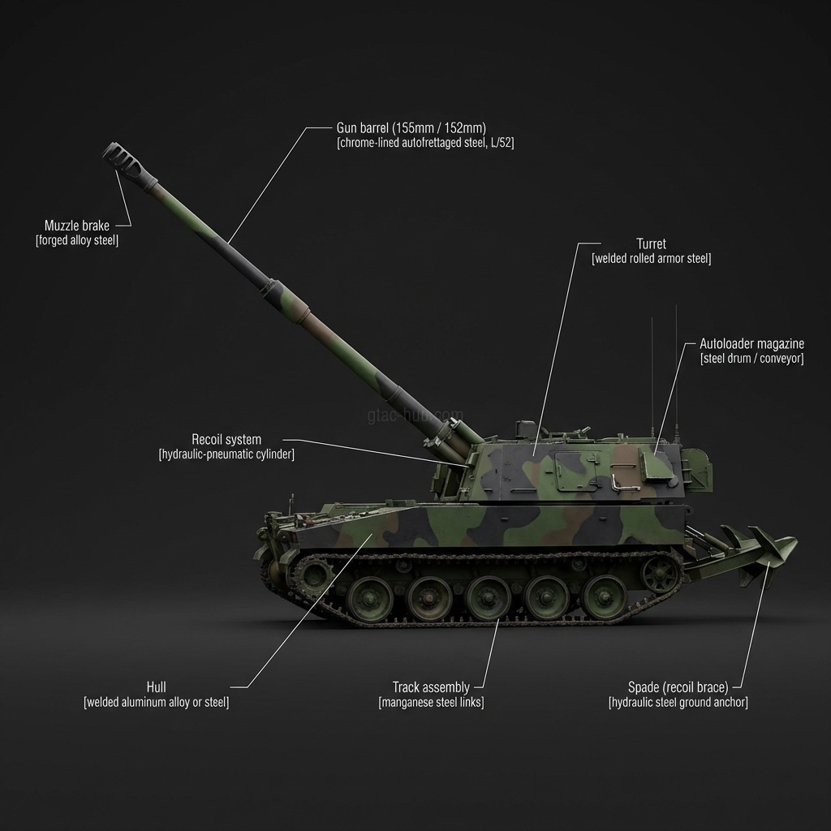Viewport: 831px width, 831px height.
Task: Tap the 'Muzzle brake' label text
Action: click(x=77, y=226)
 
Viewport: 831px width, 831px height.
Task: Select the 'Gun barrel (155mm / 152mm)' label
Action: click(x=411, y=127)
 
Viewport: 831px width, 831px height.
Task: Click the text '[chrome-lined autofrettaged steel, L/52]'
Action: click(x=425, y=143)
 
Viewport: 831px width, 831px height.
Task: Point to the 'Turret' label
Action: click(x=651, y=243)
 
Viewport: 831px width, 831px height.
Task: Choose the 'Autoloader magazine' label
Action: click(x=751, y=343)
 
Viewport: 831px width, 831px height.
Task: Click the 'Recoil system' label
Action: click(x=226, y=439)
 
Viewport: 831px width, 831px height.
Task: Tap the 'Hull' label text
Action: click(x=157, y=687)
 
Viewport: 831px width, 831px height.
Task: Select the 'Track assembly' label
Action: click(x=431, y=687)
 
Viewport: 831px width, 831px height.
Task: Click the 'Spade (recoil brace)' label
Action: click(x=678, y=687)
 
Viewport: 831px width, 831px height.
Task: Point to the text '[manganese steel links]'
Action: click(x=431, y=702)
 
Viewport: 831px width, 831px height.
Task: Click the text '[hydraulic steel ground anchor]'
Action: click(x=678, y=702)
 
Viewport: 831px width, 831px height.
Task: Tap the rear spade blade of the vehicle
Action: click(x=763, y=551)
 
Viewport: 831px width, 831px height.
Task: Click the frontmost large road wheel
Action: click(x=370, y=598)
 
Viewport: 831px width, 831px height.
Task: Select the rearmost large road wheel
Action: click(x=604, y=596)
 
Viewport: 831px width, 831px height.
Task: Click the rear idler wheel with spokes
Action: click(x=659, y=574)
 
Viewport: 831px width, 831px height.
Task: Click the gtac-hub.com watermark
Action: click(x=415, y=415)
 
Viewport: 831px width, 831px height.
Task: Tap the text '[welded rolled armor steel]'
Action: click(x=651, y=259)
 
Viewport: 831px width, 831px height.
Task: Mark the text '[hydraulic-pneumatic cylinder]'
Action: click(x=226, y=454)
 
